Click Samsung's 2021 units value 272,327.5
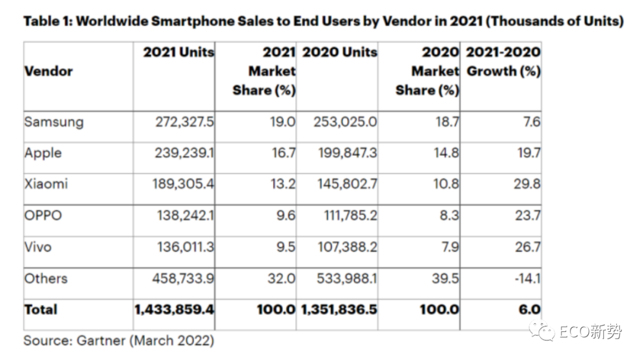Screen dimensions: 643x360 pos(185,122)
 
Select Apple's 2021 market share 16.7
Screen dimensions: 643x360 pos(283,153)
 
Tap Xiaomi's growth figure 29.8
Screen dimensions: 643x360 pos(527,184)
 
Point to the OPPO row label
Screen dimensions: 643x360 pos(43,215)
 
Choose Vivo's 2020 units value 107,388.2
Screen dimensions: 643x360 pos(347,247)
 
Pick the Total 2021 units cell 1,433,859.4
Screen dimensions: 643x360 pos(174,309)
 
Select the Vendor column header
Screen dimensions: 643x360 pos(48,71)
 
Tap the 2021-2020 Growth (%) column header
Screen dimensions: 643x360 pos(504,61)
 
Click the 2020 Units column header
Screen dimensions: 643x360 pos(340,52)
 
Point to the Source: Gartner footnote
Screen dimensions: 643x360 pos(119,341)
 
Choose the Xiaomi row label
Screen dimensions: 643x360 pos(46,184)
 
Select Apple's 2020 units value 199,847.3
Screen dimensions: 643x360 pos(348,153)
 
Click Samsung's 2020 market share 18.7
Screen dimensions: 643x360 pos(447,122)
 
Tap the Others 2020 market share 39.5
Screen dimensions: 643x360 pos(445,278)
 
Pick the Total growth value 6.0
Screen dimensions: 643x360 pos(530,309)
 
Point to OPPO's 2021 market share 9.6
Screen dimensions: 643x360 pos(285,215)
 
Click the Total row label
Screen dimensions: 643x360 pos(40,309)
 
